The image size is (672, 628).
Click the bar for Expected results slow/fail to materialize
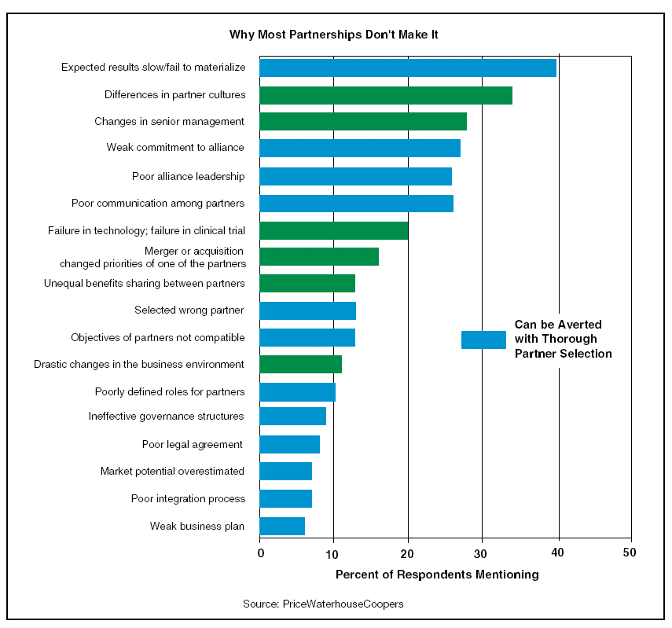pyautogui.click(x=407, y=68)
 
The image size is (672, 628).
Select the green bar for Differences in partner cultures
pyautogui.click(x=385, y=95)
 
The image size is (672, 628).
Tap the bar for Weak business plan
pyautogui.click(x=281, y=526)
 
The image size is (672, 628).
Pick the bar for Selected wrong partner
pyautogui.click(x=307, y=310)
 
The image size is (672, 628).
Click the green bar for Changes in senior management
pyautogui.click(x=362, y=121)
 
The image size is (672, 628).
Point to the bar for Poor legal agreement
pyautogui.click(x=289, y=445)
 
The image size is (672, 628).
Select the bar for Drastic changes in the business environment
pyautogui.click(x=300, y=364)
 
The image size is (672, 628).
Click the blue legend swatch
pyautogui.click(x=483, y=340)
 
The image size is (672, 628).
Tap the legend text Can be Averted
pyautogui.click(x=558, y=324)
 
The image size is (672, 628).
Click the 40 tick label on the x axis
pyautogui.click(x=557, y=552)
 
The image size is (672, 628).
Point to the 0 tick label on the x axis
pyautogui.click(x=260, y=552)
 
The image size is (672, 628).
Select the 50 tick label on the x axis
pyautogui.click(x=630, y=552)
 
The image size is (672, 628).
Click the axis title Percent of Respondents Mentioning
pyautogui.click(x=437, y=575)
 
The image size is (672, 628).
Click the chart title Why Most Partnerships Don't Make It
pyautogui.click(x=339, y=35)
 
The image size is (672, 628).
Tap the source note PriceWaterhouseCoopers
pyautogui.click(x=324, y=604)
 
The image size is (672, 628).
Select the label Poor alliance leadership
pyautogui.click(x=189, y=176)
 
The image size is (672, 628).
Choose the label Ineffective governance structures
pyautogui.click(x=167, y=416)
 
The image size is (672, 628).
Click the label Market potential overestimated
pyautogui.click(x=172, y=471)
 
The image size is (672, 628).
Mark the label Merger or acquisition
pyautogui.click(x=194, y=251)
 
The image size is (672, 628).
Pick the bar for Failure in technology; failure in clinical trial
pyautogui.click(x=333, y=230)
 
